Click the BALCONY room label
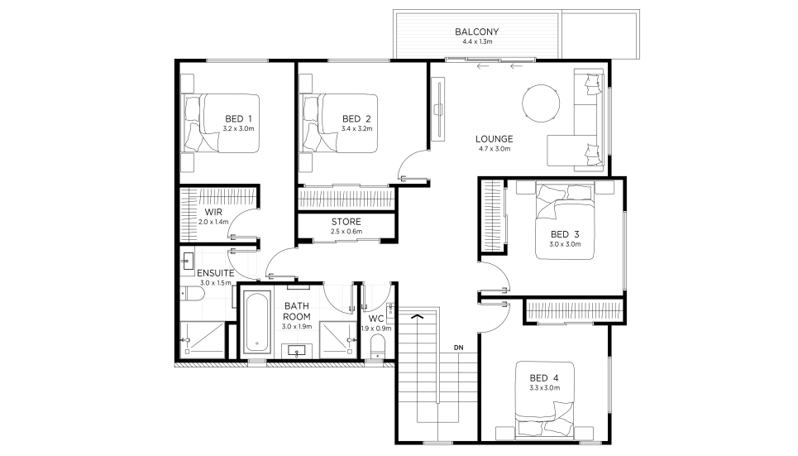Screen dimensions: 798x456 click(x=477, y=31)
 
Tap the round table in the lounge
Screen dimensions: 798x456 click(x=541, y=103)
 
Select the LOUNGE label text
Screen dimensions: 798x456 click(x=495, y=138)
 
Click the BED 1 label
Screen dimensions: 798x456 click(x=238, y=118)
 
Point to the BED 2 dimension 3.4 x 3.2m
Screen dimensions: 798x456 click(x=356, y=129)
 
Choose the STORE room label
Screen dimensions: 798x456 click(x=346, y=222)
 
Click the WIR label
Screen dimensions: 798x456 click(x=213, y=212)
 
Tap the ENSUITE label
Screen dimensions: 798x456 click(x=216, y=273)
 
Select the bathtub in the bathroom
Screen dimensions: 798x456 click(x=257, y=323)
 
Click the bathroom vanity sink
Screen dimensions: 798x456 click(x=296, y=351)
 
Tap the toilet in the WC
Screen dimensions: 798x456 click(x=378, y=347)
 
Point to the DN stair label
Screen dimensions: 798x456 click(x=459, y=348)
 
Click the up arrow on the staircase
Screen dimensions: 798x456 click(x=418, y=317)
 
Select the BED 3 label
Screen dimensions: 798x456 click(x=565, y=234)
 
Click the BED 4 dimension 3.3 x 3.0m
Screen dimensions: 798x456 click(x=545, y=388)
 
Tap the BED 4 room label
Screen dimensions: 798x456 click(x=544, y=378)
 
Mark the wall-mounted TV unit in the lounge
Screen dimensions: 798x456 click(x=437, y=109)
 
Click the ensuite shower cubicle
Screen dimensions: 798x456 click(x=202, y=339)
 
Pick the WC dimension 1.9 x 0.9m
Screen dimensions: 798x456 click(x=376, y=329)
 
